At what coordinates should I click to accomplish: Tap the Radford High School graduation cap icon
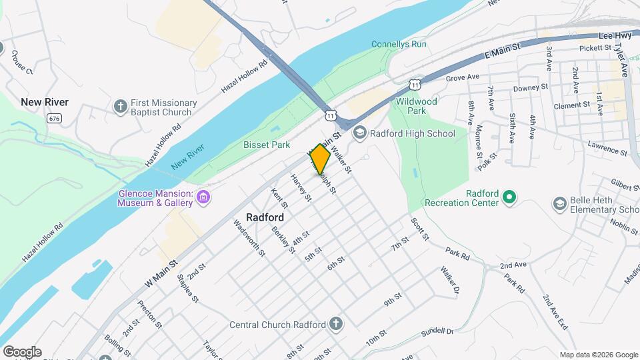(360, 133)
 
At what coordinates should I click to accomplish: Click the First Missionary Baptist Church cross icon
(121, 105)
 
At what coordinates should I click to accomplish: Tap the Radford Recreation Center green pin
(510, 197)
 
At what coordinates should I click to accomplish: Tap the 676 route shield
(55, 118)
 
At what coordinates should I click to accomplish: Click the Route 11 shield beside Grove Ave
(415, 84)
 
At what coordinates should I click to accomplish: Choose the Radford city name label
(265, 217)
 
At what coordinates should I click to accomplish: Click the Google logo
(22, 351)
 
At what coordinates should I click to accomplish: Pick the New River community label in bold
(45, 102)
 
